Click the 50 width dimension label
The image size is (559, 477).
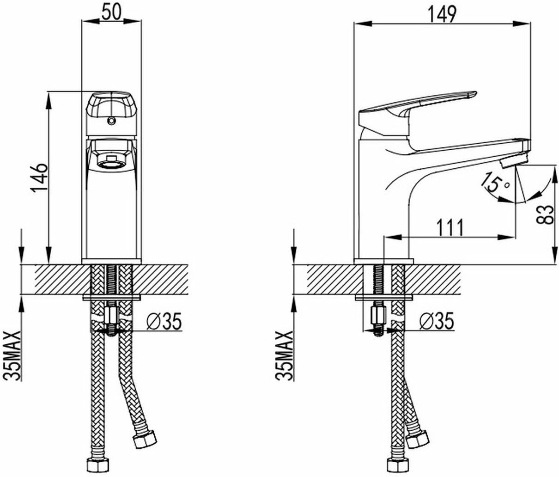click(x=111, y=12)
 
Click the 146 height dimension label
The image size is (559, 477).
click(x=39, y=178)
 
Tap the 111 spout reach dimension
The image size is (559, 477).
click(x=450, y=227)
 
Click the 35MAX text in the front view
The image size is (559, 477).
click(x=12, y=356)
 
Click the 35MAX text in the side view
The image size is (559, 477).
click(x=285, y=356)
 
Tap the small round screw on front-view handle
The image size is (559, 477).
click(x=110, y=121)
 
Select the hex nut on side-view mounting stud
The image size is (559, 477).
click(x=378, y=316)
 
